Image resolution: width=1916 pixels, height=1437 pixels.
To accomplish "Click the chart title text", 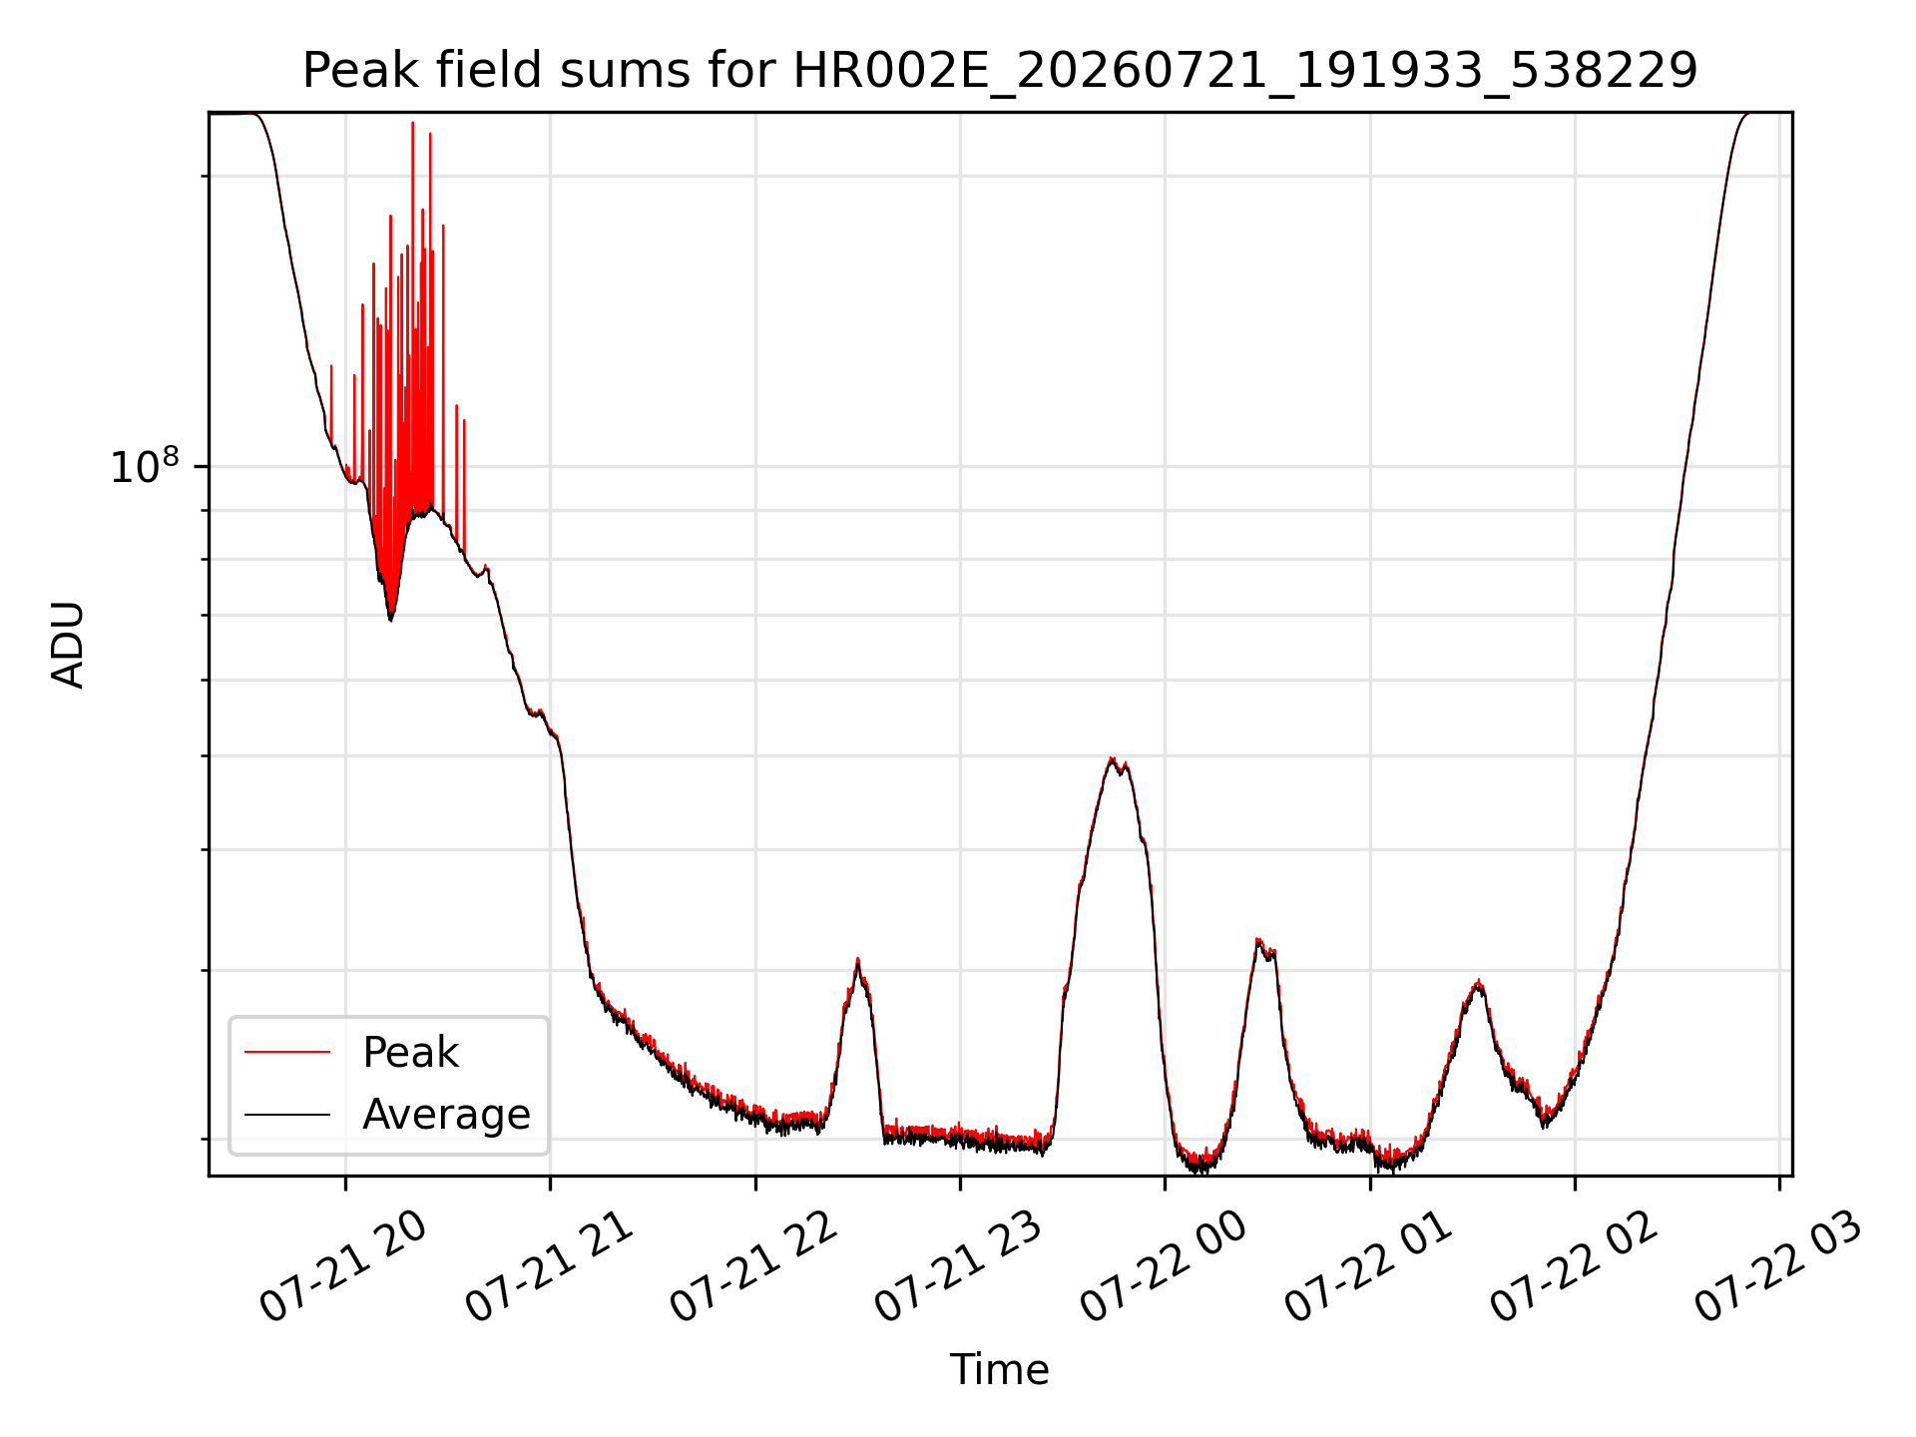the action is point(1000,70).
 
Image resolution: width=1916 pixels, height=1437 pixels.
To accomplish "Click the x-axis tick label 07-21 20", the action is point(343,1267).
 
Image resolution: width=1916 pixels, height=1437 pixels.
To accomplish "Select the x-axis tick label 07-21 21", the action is point(549,1267).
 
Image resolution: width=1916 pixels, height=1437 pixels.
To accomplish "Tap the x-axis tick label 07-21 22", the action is point(753,1267).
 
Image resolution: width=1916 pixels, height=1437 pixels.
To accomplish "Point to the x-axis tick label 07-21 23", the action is point(958,1267).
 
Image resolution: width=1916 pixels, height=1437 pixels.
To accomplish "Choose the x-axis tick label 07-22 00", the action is point(1164,1267).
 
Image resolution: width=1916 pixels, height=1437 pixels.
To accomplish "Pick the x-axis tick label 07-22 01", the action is point(1368,1267).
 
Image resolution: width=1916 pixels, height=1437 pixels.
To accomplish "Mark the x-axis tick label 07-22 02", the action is point(1574,1267).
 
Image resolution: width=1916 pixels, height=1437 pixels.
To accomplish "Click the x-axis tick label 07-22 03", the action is point(1778,1267).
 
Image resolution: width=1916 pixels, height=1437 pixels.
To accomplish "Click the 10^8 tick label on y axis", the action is point(145,465).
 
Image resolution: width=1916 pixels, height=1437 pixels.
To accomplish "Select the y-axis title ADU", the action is point(68,645).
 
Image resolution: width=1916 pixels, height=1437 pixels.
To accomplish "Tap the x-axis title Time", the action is point(999,1370).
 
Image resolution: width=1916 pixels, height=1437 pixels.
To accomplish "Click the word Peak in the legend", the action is point(410,1053).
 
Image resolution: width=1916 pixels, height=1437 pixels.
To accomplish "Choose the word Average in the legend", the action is point(446,1115).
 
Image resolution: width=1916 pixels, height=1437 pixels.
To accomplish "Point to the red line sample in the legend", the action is point(287,1052).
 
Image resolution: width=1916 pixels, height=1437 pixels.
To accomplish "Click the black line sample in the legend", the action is point(287,1114).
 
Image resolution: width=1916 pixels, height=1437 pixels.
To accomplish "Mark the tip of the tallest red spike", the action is point(412,123).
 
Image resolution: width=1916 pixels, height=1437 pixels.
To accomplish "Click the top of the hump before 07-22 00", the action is point(1112,758).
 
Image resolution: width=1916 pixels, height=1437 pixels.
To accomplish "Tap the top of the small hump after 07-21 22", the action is point(857,959).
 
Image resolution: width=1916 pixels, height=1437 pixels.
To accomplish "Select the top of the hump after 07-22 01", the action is point(1478,981).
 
